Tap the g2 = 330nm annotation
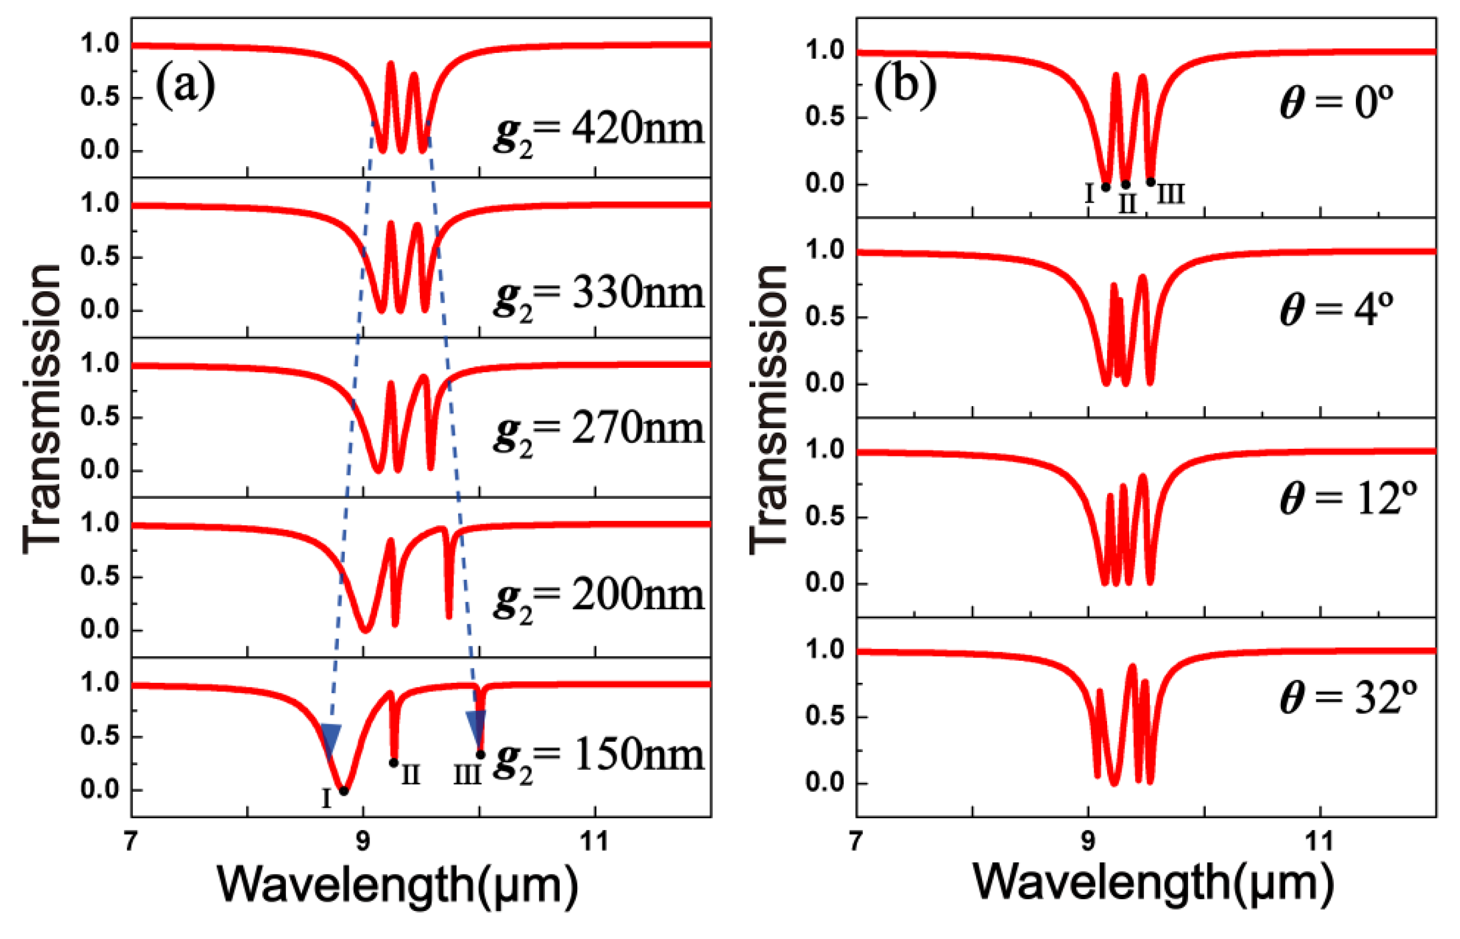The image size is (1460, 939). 598,295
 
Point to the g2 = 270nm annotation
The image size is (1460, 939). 598,430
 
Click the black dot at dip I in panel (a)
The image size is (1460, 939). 344,791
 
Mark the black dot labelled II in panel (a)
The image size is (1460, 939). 394,763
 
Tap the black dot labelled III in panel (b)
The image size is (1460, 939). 1150,182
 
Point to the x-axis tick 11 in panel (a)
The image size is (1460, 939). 595,842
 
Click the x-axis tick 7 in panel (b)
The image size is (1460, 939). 856,842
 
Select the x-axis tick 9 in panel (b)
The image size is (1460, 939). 1088,842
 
